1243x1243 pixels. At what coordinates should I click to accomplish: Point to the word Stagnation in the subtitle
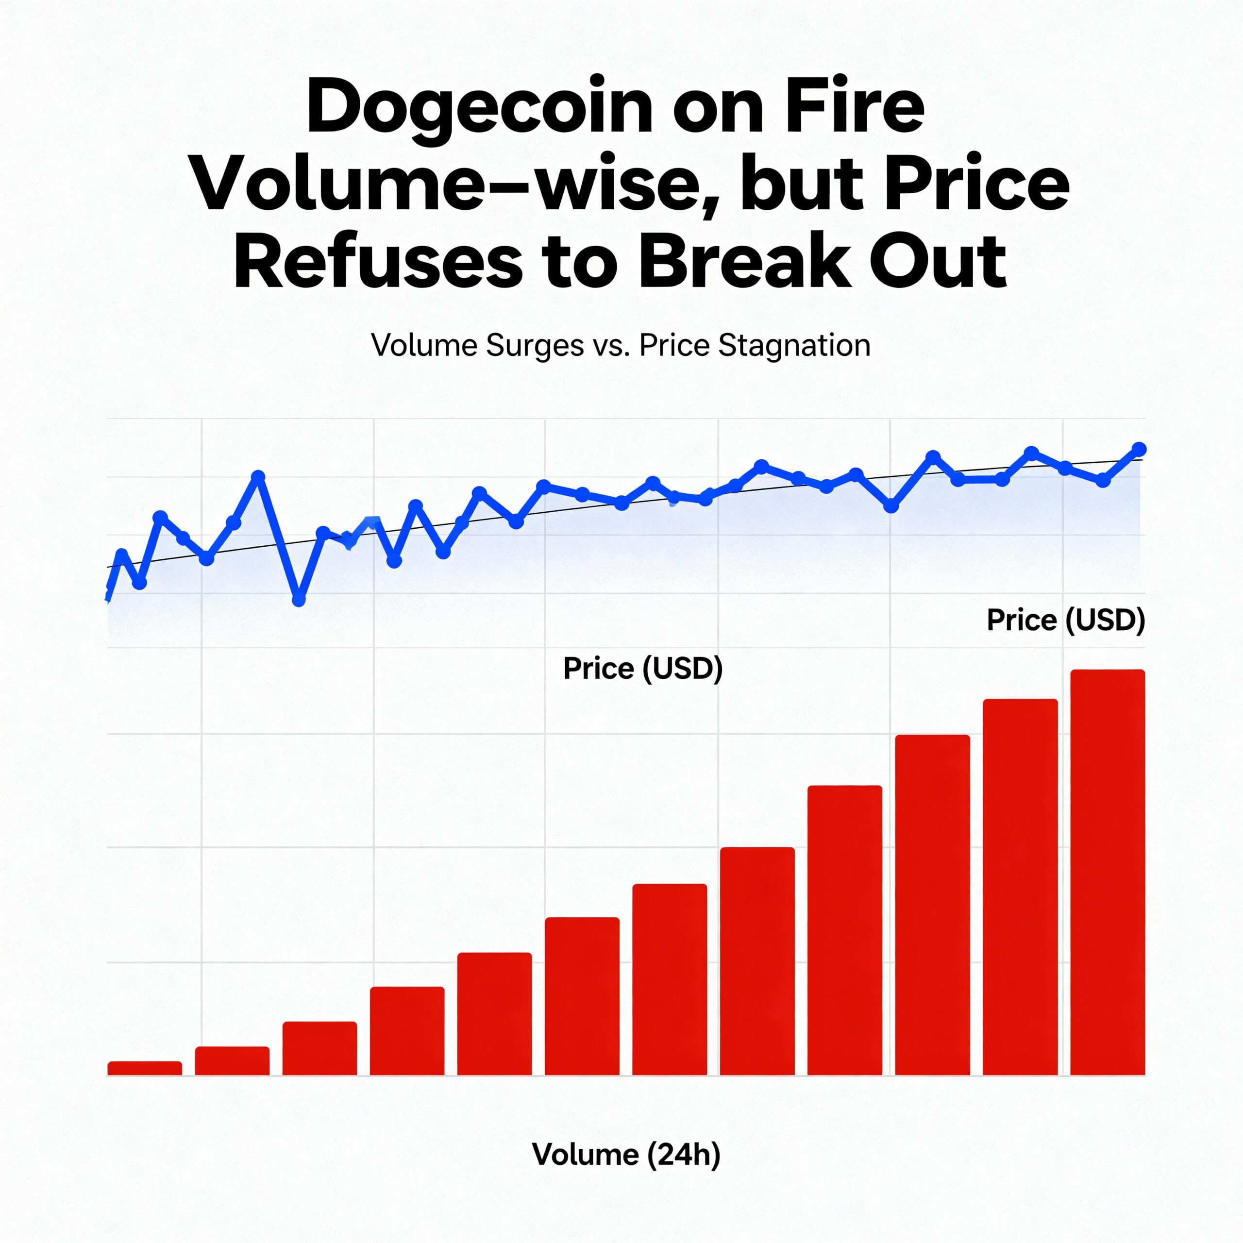(x=794, y=346)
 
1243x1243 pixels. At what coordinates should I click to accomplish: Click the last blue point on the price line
(x=1139, y=449)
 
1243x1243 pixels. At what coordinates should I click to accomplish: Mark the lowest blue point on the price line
(x=299, y=600)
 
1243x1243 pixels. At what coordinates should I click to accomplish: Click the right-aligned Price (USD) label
(x=1066, y=620)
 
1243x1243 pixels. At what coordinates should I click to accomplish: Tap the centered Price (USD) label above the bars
(x=643, y=669)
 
